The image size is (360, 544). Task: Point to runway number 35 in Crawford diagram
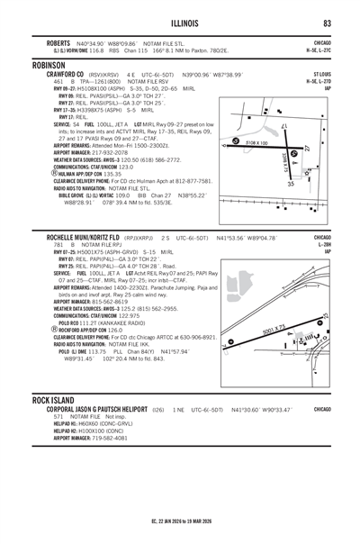click(x=292, y=183)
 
